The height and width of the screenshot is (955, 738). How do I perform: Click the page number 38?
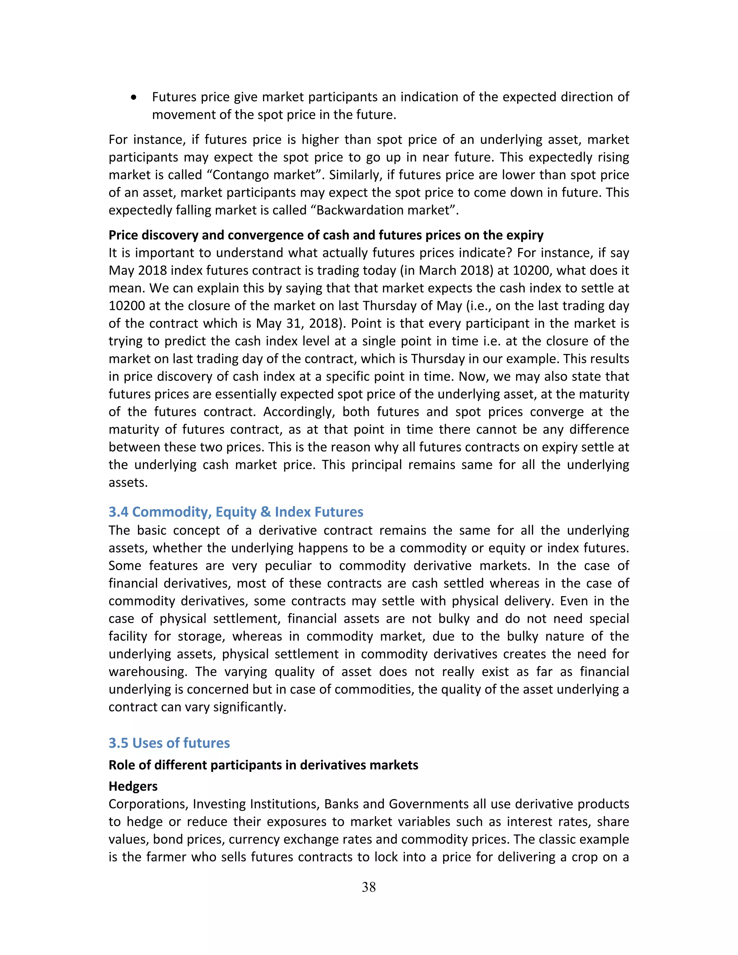(369, 887)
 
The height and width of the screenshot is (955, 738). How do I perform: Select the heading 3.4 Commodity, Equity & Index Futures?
(236, 512)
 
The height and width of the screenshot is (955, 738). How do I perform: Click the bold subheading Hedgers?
(133, 786)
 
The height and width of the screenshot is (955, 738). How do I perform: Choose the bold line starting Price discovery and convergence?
(326, 235)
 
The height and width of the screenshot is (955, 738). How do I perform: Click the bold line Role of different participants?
(263, 765)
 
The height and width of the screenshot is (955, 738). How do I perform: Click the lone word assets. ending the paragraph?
(128, 483)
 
